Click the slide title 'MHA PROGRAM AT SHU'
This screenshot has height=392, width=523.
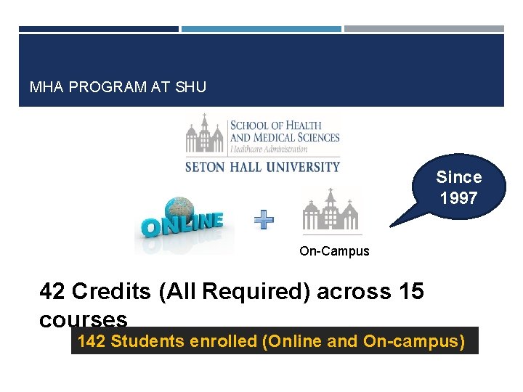point(118,87)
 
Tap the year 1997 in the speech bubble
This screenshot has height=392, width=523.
point(458,197)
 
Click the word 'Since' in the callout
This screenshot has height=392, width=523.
point(458,177)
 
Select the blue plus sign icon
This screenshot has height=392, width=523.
point(264,219)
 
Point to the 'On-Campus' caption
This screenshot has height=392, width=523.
point(334,251)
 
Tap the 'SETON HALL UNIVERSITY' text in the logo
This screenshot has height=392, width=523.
point(262,166)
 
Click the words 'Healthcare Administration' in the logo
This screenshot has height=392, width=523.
point(269,149)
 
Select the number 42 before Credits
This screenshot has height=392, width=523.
point(52,291)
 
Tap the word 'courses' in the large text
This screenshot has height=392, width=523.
point(84,319)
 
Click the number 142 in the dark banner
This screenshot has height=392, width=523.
point(92,340)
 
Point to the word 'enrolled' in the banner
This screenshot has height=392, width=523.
point(223,340)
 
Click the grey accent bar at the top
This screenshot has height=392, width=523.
point(423,29)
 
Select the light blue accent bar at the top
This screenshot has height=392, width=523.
point(261,29)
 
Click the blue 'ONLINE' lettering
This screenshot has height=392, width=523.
point(182,226)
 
